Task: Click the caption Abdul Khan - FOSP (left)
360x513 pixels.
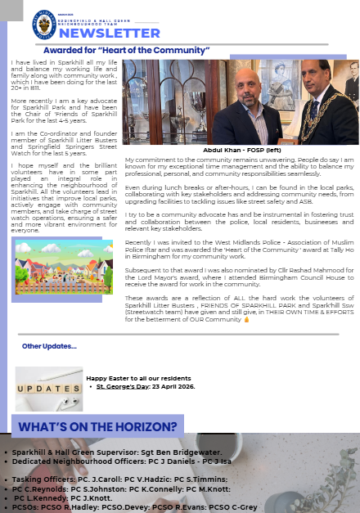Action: point(243,151)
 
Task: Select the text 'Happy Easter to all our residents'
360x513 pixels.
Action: point(138,377)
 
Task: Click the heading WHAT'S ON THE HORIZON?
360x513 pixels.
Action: point(97,426)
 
